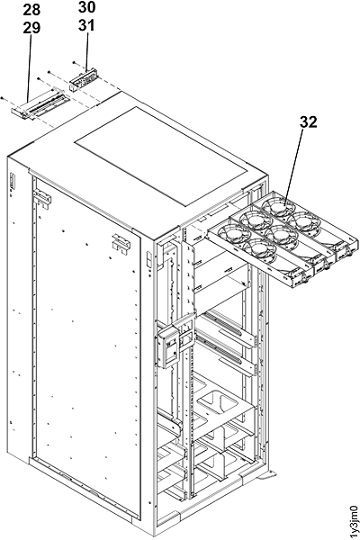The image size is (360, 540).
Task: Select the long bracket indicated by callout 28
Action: click(x=41, y=105)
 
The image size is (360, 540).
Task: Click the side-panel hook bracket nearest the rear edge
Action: click(x=40, y=194)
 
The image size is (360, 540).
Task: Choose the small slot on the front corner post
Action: click(x=147, y=260)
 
